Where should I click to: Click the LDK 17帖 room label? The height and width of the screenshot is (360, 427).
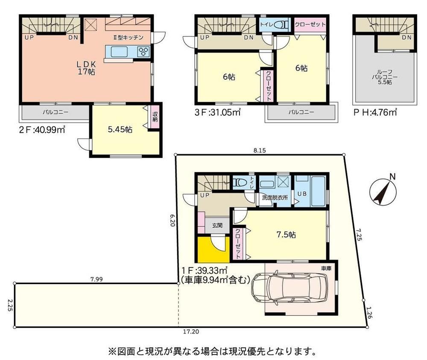(86, 68)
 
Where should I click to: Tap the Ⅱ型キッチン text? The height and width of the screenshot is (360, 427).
(128, 38)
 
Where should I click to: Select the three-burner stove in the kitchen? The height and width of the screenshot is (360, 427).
(143, 52)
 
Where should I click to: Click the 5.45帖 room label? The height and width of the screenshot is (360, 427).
(120, 130)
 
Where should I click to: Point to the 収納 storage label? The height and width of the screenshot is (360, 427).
(155, 117)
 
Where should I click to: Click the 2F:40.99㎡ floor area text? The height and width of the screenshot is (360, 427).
(42, 130)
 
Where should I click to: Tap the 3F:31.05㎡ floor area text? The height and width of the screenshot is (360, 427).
(217, 112)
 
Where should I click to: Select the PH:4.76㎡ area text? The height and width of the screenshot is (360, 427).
(375, 112)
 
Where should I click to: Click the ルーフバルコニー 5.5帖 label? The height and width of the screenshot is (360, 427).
(384, 77)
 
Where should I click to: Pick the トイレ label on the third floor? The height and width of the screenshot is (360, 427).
(266, 24)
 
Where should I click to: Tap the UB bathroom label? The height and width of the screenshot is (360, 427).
(302, 194)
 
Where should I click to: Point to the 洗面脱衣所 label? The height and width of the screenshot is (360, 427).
(275, 197)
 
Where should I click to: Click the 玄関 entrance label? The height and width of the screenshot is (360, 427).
(217, 225)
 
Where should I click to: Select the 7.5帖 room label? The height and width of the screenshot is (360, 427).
(286, 235)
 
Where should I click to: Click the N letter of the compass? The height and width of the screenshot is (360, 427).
(392, 177)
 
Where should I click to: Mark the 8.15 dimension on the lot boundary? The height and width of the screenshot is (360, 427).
(259, 150)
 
